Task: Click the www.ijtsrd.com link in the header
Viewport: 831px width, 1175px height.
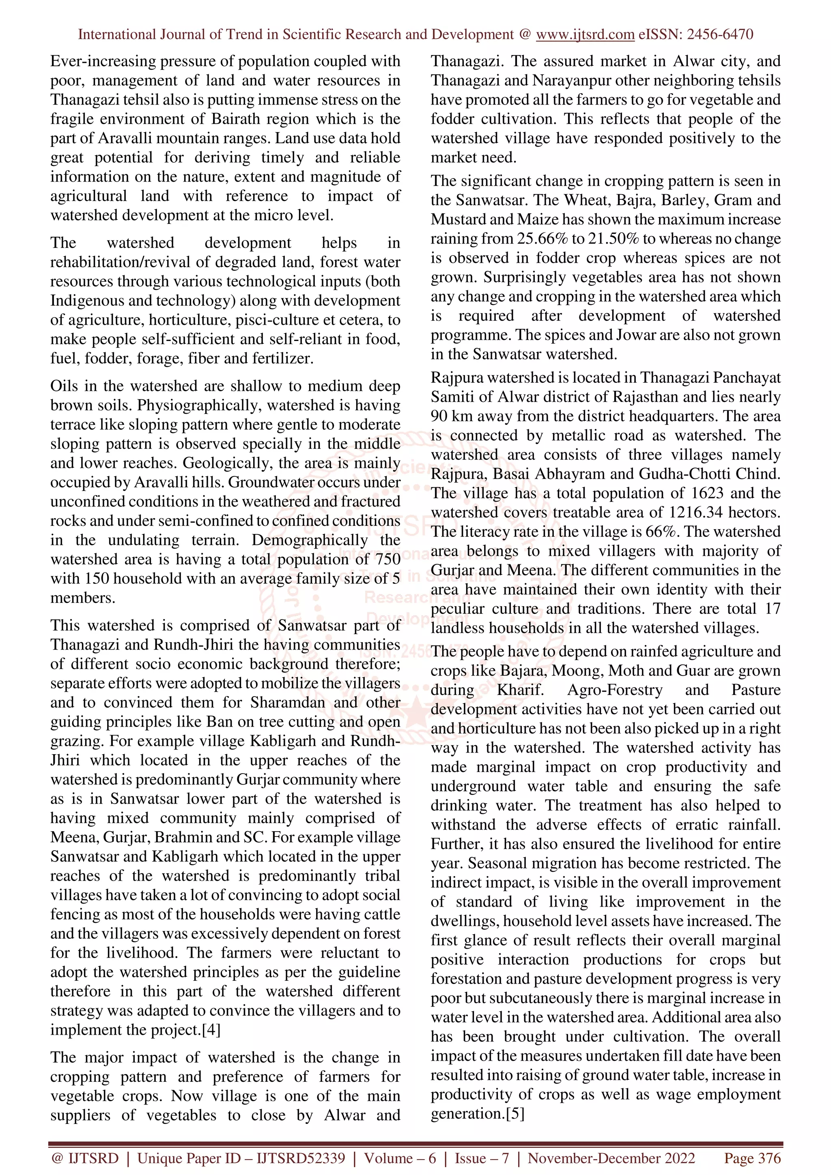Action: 585,35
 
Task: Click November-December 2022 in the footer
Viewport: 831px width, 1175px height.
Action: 611,1158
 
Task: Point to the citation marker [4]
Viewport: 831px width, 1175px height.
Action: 211,1030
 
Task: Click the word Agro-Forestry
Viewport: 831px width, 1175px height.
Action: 614,690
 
